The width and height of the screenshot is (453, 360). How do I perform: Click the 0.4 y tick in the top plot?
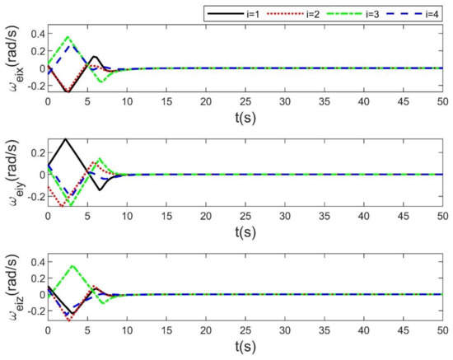[34, 35]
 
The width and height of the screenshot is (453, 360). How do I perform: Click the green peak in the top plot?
[68, 37]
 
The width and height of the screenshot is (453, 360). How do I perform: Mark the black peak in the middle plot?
[65, 138]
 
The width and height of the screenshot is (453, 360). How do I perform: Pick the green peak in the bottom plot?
[72, 265]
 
